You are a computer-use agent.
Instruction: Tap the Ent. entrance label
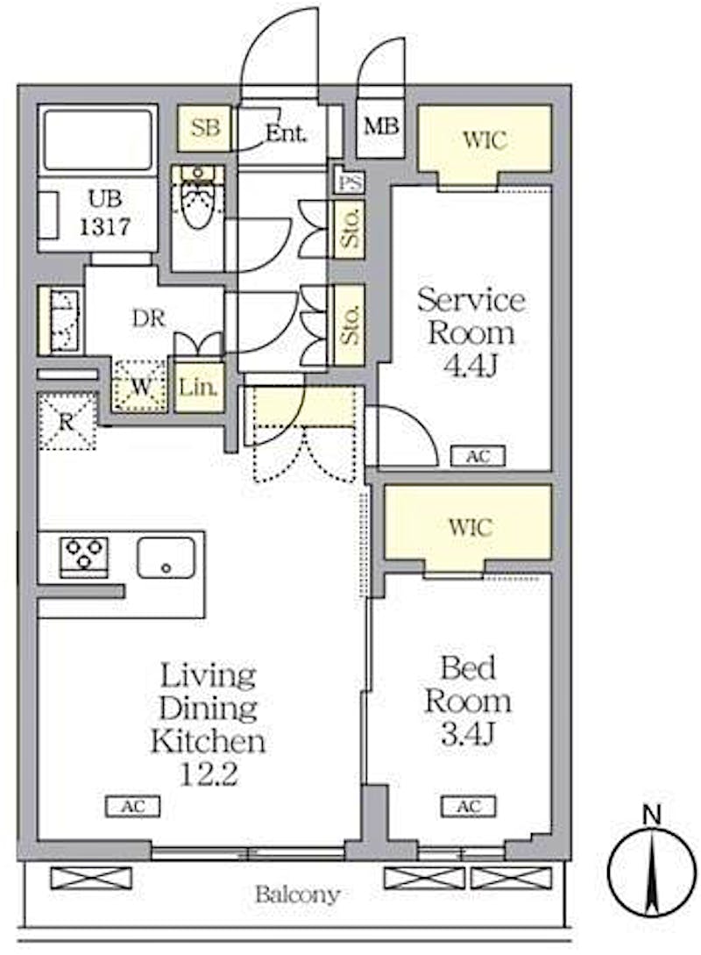(x=286, y=132)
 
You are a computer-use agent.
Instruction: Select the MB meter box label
(x=381, y=126)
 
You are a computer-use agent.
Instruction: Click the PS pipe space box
(x=350, y=182)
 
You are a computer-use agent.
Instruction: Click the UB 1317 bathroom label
(x=104, y=213)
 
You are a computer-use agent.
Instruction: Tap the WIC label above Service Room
(x=485, y=140)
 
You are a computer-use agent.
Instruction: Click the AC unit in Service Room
(x=478, y=456)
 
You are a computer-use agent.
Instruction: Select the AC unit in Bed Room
(x=469, y=807)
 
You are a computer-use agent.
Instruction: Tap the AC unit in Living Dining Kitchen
(x=132, y=807)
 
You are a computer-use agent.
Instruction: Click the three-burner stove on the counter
(x=84, y=557)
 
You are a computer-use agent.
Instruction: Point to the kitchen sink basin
(x=166, y=557)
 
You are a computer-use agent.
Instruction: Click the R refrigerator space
(x=67, y=422)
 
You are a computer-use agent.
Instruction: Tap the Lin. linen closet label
(x=198, y=387)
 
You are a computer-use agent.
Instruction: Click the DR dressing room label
(x=149, y=318)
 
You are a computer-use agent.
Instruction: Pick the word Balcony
(x=297, y=894)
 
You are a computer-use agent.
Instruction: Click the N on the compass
(x=652, y=815)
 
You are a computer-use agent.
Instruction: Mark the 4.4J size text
(x=471, y=366)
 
